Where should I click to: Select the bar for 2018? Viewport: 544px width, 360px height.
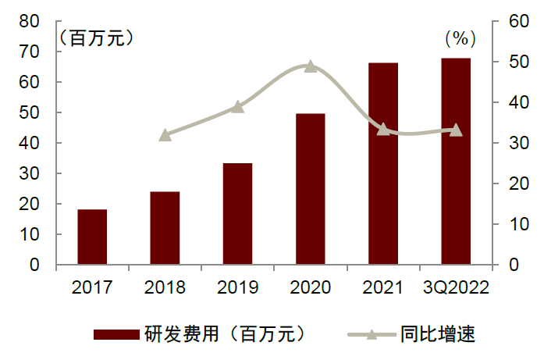click(165, 228)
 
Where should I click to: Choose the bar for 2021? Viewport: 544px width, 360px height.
click(383, 164)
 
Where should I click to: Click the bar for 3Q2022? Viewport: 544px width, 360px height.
click(456, 162)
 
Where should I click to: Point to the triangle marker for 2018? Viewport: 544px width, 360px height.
click(165, 135)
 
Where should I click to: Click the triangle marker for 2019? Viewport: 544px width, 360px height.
click(238, 107)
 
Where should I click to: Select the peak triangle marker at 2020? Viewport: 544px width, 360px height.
click(311, 66)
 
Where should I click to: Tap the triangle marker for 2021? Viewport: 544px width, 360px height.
click(383, 129)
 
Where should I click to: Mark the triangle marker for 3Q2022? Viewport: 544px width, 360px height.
click(456, 130)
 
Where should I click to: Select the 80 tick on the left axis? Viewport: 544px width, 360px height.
click(30, 22)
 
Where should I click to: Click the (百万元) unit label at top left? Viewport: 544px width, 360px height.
click(95, 37)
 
